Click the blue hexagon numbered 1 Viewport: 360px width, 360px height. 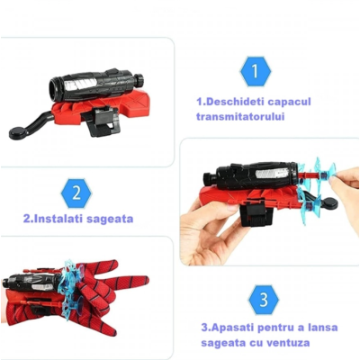point(255,70)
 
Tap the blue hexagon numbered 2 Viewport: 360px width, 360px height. point(77,193)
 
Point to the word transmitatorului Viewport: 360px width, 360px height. point(239,117)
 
